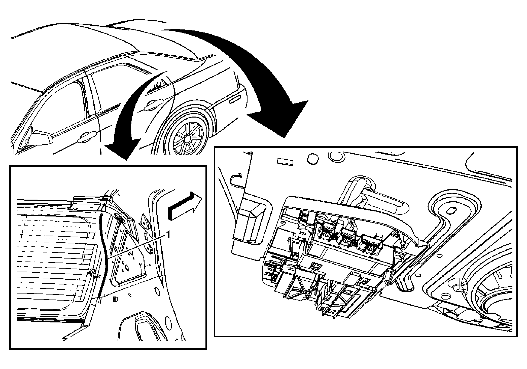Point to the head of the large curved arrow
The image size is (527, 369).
[x=285, y=118]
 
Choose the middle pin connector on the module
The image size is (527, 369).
[x=349, y=237]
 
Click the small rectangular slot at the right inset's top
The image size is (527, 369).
[x=285, y=162]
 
